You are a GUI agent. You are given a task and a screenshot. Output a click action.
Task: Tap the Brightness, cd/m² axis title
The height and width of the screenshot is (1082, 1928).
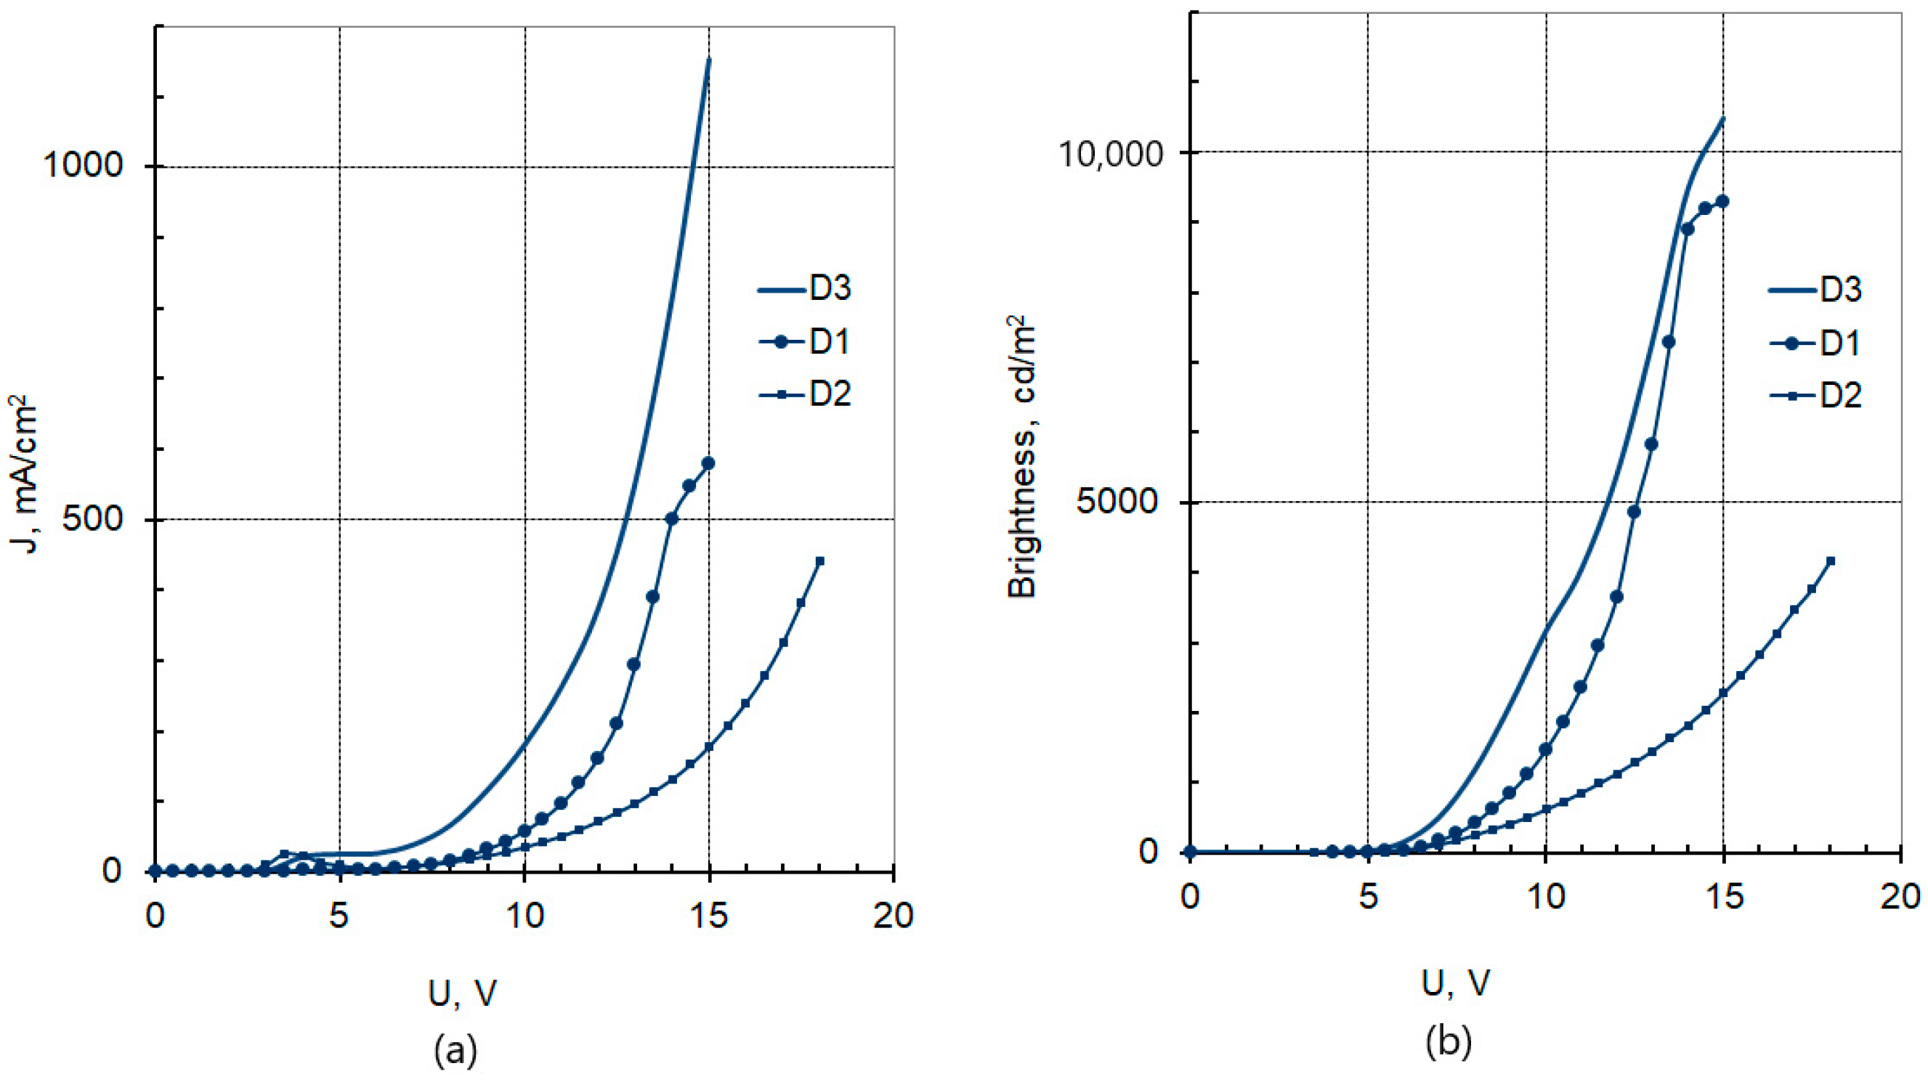click(x=1022, y=457)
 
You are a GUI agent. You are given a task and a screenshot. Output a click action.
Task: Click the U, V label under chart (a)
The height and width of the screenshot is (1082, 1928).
click(x=462, y=993)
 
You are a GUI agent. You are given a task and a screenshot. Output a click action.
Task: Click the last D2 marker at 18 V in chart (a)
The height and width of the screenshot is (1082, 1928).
click(x=819, y=561)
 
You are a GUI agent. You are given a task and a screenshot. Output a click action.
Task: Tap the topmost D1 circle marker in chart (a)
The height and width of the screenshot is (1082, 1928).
click(x=708, y=463)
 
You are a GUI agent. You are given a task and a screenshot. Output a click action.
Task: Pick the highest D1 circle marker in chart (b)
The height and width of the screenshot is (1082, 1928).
click(x=1722, y=201)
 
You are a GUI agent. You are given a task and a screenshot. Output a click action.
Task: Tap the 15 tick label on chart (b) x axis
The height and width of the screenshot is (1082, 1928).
click(x=1724, y=897)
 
